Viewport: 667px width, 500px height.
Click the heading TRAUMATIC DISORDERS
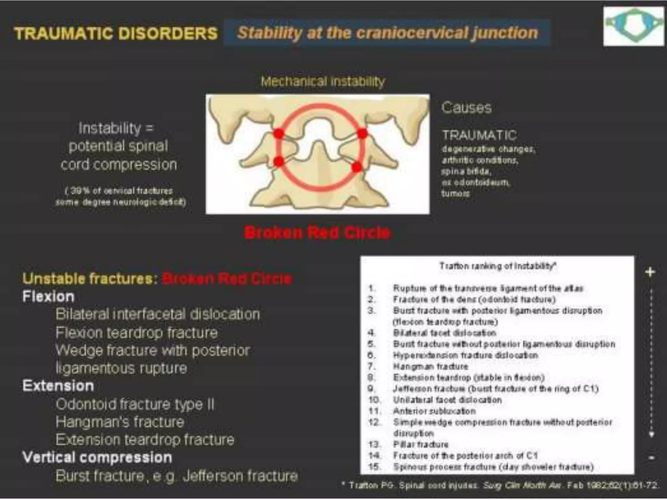coord(116,33)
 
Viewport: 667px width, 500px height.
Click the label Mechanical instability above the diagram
coord(323,81)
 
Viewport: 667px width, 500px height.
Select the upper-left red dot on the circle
coord(278,133)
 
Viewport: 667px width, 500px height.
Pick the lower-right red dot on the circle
coord(357,167)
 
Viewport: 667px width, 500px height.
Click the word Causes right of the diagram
coord(466,107)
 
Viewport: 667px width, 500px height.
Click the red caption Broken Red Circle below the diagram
coord(317,232)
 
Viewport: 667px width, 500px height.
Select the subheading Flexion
coord(48,297)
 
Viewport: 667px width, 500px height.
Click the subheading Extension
coord(58,386)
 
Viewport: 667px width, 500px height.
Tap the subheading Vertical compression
coord(97,457)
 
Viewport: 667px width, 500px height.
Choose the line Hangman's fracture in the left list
coord(120,422)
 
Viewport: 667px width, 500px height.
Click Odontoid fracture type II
coord(135,404)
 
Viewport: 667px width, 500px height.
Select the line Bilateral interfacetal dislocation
coord(158,314)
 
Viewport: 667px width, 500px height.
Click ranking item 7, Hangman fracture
coord(430,367)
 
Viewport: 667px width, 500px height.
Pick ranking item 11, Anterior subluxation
coord(434,411)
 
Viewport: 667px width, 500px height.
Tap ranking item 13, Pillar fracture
coord(420,444)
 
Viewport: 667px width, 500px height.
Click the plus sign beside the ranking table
coord(650,272)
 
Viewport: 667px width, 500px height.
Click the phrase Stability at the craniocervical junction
coord(387,33)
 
